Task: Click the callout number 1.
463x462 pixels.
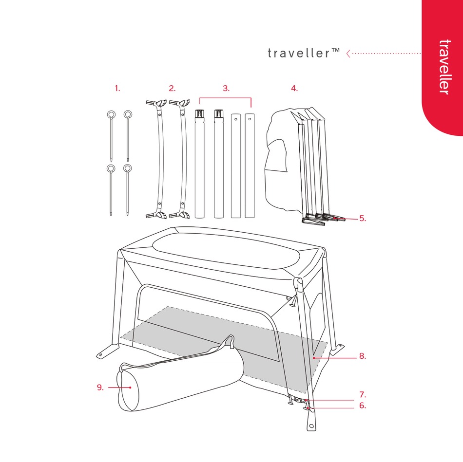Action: click(117, 89)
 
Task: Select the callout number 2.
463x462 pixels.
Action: click(172, 89)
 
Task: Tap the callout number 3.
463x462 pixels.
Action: click(226, 89)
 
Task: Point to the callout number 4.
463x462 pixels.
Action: click(294, 89)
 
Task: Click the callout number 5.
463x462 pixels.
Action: click(362, 219)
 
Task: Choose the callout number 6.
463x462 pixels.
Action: click(362, 405)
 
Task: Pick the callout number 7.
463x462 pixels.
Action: click(362, 395)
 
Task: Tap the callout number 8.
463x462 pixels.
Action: click(362, 356)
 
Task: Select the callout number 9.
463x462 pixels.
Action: click(100, 388)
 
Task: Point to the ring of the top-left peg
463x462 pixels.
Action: click(111, 115)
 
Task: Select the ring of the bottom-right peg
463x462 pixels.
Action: click(128, 169)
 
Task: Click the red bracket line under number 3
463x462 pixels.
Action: click(226, 98)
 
